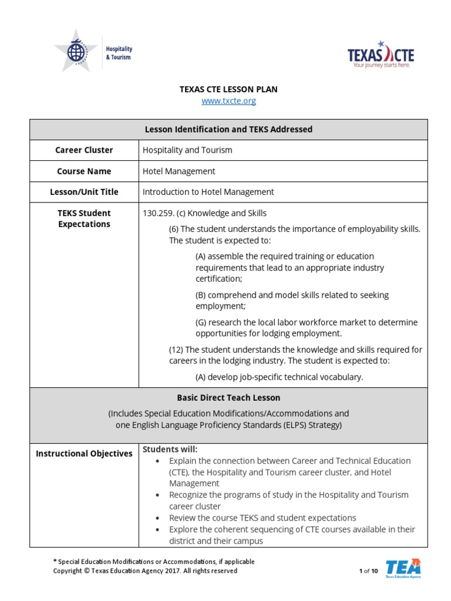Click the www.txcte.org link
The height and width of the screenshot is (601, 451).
coord(228,101)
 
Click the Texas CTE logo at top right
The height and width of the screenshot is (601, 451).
coord(381,55)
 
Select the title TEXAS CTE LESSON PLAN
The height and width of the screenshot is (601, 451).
coord(228,89)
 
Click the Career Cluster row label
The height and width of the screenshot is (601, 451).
coord(84,150)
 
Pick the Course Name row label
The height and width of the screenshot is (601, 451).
coord(84,171)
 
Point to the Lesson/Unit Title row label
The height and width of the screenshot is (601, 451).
coord(84,192)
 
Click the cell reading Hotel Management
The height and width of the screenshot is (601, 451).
coord(179,171)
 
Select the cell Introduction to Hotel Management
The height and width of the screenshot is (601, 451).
coord(208,192)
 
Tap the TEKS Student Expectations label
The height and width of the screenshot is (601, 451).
coord(84,218)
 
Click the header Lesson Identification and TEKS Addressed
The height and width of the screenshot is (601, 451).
coord(228,129)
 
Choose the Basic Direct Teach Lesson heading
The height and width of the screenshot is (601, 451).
coord(228,397)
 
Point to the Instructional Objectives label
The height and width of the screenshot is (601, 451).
coord(84,454)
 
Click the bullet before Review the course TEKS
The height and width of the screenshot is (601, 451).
coord(157,518)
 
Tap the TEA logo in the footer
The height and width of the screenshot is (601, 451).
coord(403,568)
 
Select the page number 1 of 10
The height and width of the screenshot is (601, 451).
coord(368,571)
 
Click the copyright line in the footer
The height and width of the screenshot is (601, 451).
coord(145,570)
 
